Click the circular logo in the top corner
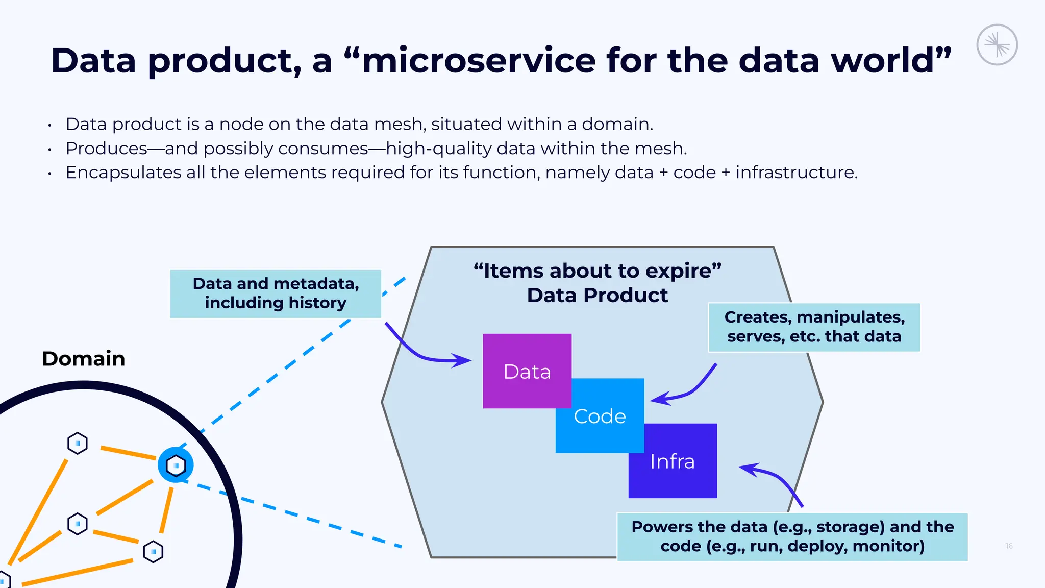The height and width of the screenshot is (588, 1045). pyautogui.click(x=997, y=45)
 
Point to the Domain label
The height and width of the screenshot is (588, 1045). pyautogui.click(x=84, y=359)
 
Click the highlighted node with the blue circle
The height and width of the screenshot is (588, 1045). pyautogui.click(x=176, y=465)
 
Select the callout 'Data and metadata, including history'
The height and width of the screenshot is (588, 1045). pyautogui.click(x=276, y=293)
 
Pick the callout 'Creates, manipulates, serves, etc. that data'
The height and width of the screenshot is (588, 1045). pyautogui.click(x=814, y=327)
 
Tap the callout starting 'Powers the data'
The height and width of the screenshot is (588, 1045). pyautogui.click(x=792, y=536)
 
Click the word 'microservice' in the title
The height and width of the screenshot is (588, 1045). pyautogui.click(x=479, y=60)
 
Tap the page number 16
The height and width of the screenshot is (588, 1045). pyautogui.click(x=1009, y=546)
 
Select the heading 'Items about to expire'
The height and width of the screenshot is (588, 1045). pyautogui.click(x=597, y=271)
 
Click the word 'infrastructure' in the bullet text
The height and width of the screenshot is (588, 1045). pyautogui.click(x=796, y=173)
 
